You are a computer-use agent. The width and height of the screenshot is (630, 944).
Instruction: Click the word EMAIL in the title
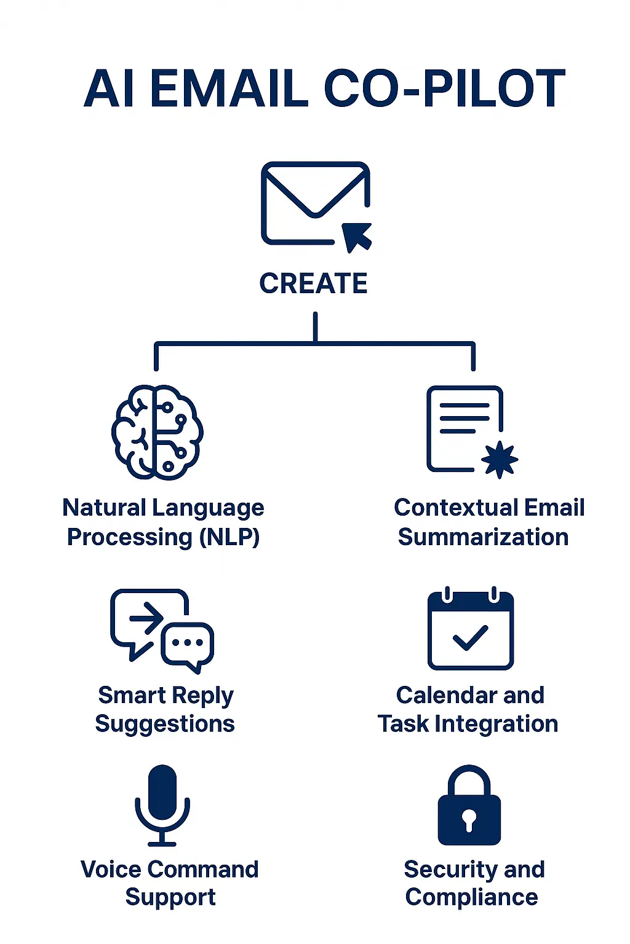tap(228, 89)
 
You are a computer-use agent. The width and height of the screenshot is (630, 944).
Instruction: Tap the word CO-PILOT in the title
tap(444, 89)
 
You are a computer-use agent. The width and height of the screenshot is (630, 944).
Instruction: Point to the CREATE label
tap(313, 284)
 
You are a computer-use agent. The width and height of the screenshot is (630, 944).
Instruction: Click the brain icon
tap(157, 433)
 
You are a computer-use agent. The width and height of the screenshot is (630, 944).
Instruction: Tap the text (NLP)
tap(229, 537)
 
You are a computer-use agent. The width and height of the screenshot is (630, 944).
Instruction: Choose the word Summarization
tap(483, 537)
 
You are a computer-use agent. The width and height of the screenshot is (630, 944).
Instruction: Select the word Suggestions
tap(165, 724)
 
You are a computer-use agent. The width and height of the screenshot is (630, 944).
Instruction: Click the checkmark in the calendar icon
tap(470, 638)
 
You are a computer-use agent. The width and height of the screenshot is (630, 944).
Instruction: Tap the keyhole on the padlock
tap(469, 819)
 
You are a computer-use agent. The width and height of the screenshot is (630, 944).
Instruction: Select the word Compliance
tap(471, 897)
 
